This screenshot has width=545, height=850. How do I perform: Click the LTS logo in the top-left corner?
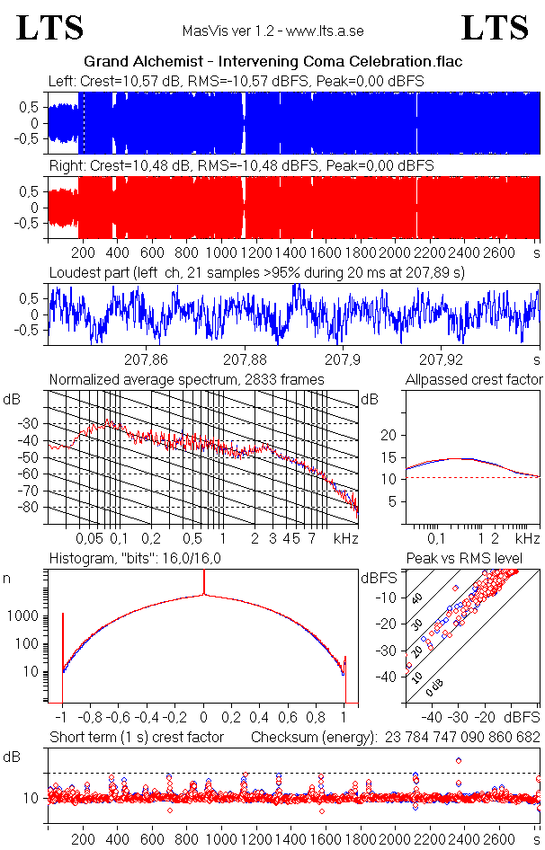50,28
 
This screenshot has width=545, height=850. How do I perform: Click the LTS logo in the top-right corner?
495,28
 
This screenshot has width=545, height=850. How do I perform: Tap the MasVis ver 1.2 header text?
272,31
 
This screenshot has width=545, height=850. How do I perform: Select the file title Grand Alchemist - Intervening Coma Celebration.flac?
272,62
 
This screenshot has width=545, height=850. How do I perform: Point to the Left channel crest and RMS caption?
237,81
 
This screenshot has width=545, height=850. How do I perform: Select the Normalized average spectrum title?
186,379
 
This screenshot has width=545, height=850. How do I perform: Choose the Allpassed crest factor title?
474,379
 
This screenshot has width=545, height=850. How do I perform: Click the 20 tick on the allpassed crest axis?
389,435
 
